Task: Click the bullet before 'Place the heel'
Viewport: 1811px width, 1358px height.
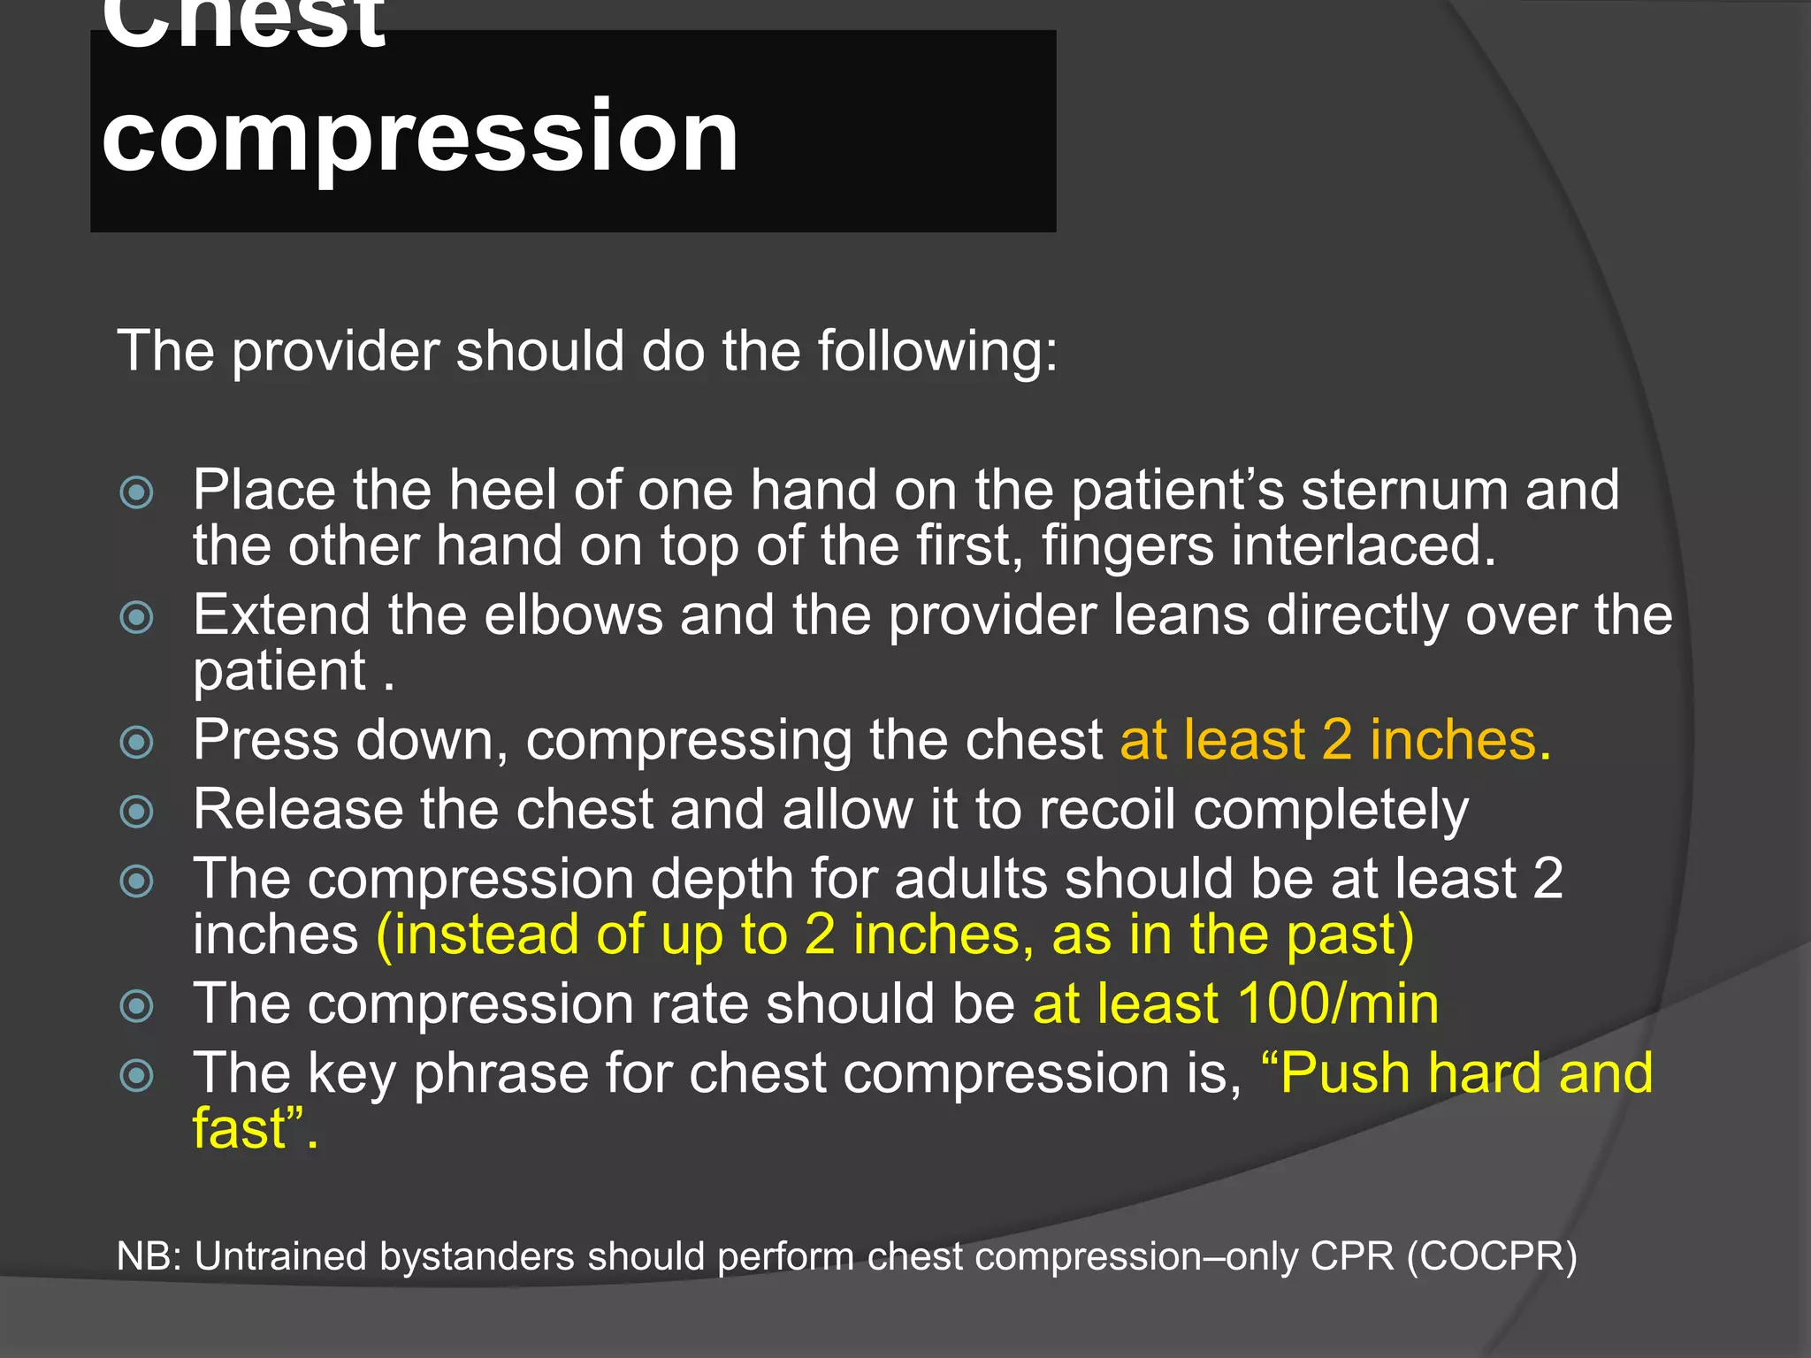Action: tap(137, 492)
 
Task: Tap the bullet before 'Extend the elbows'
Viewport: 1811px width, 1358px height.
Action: tap(137, 617)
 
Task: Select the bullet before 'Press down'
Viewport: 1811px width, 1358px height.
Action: tap(137, 742)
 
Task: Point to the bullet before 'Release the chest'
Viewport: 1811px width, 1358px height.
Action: tap(137, 811)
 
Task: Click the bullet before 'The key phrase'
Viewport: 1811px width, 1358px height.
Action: tap(137, 1075)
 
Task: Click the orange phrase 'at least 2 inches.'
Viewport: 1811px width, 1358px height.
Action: tap(1335, 740)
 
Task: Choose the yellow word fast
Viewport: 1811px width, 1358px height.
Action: tap(241, 1129)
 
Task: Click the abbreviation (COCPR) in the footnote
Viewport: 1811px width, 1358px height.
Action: tap(1492, 1256)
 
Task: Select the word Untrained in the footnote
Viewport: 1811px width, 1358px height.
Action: tap(279, 1256)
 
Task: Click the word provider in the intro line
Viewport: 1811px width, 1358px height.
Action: tap(336, 352)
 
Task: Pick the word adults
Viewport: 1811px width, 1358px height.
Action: tap(971, 880)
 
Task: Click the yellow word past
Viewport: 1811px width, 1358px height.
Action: tap(1341, 935)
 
